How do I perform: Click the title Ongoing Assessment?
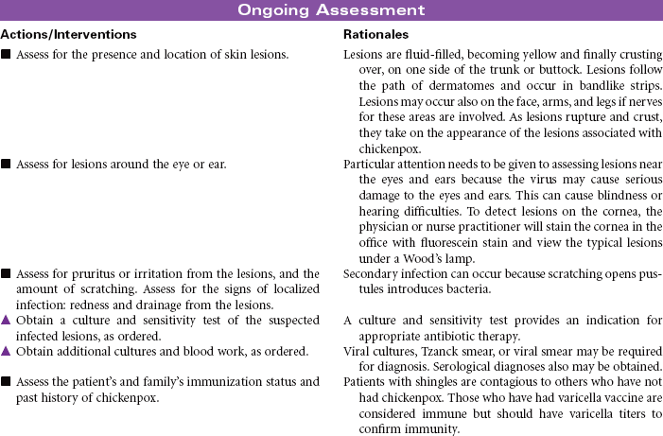tap(330, 10)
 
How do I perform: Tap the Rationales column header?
tap(375, 34)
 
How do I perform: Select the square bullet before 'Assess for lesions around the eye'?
tap(7, 162)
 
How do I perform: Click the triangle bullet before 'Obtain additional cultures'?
tap(7, 352)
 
